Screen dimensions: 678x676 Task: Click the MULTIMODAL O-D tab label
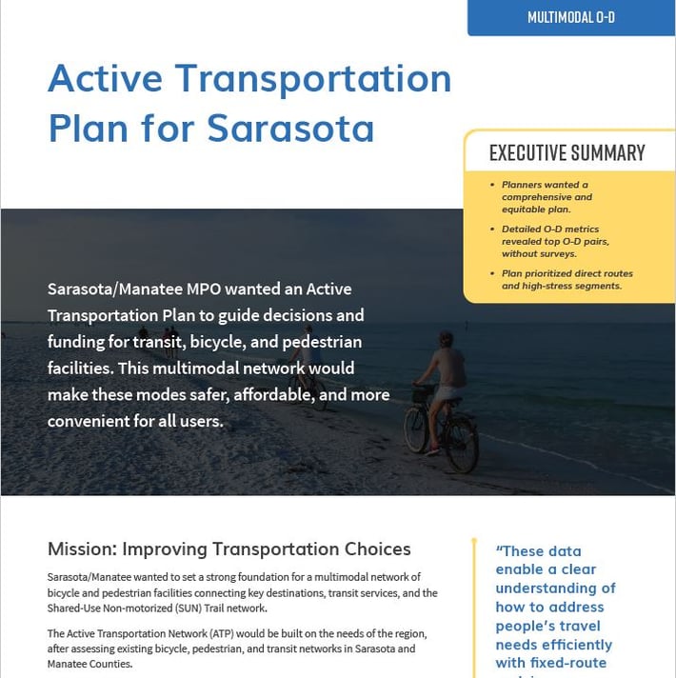[x=570, y=17]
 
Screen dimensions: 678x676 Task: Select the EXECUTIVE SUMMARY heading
[x=567, y=152]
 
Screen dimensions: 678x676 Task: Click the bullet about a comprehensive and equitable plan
[x=547, y=197]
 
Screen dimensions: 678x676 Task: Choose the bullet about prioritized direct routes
[x=567, y=280]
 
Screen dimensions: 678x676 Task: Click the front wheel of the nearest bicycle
[x=416, y=429]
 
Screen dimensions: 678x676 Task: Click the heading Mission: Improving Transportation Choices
[x=229, y=549]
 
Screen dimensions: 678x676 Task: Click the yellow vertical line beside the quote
[x=473, y=609]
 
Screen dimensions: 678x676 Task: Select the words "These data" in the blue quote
[x=539, y=550]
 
